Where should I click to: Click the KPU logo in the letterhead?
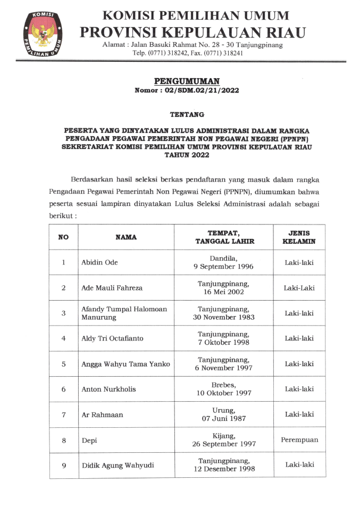42,34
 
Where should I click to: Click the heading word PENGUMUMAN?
186,81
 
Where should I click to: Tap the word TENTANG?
187,114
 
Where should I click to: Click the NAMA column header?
126,237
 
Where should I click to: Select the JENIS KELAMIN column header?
299,237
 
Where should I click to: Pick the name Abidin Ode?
99,262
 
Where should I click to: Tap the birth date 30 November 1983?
223,317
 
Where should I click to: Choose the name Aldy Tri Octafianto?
112,338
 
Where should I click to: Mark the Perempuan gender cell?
299,440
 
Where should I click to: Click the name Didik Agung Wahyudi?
118,466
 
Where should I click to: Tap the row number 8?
64,440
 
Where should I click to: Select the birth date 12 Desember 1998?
224,469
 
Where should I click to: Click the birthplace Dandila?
223,258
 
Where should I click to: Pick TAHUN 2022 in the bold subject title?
187,155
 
